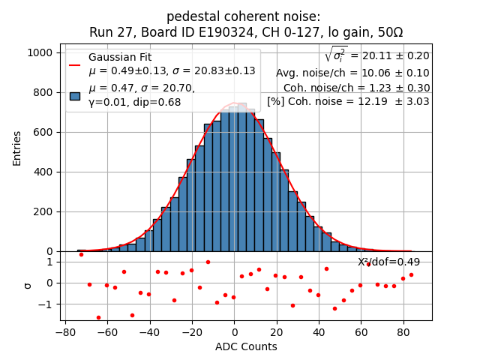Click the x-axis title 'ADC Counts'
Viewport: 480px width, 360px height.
[x=246, y=346]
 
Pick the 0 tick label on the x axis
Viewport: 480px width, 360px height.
[x=234, y=332]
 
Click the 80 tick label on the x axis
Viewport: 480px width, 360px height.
[x=403, y=332]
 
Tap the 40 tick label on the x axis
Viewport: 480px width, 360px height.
[x=319, y=332]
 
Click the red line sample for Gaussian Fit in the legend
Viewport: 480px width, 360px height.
[x=75, y=64]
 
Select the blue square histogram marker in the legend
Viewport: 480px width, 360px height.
[x=75, y=95]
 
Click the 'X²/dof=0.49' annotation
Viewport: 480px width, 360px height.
[x=388, y=262]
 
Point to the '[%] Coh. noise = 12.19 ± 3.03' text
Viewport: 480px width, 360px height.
[x=348, y=101]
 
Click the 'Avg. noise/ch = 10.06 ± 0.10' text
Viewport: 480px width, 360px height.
[x=352, y=73]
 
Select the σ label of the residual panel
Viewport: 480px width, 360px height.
[x=28, y=285]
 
